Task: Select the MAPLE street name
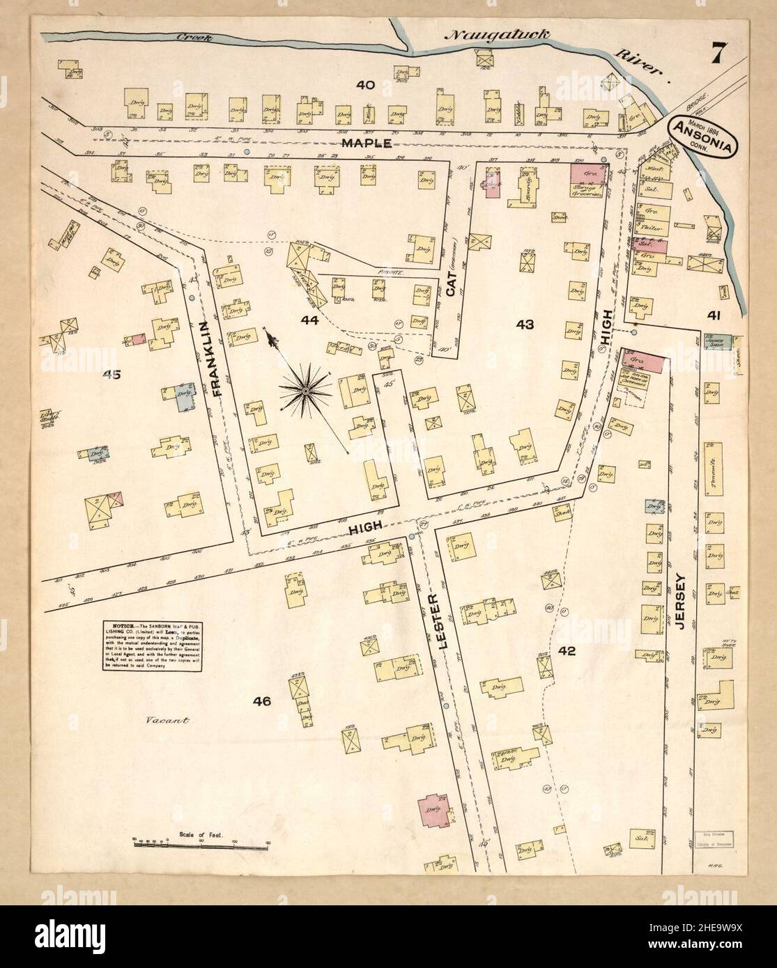365,142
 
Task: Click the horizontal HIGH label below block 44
365,531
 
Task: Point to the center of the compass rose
305,393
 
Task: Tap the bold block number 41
713,315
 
